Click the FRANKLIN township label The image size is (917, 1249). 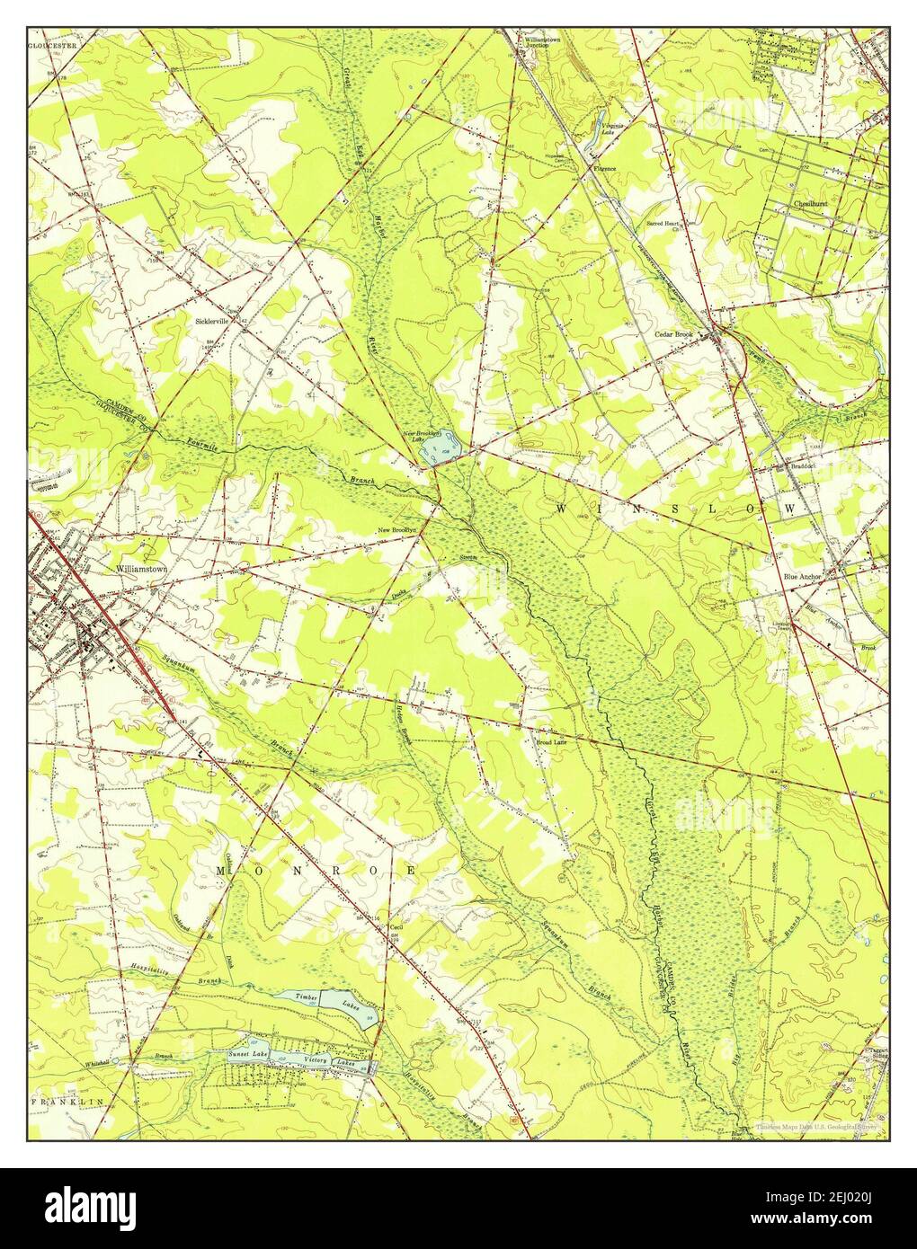tap(67, 1101)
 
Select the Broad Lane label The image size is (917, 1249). tap(550, 742)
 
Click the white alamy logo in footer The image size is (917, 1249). tap(88, 1209)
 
